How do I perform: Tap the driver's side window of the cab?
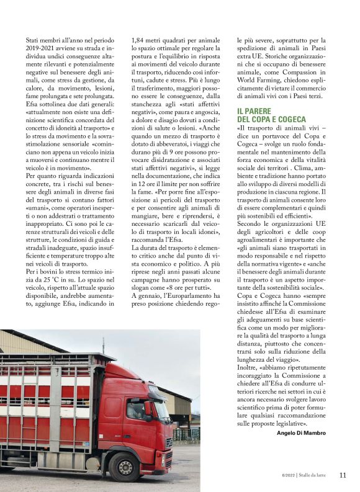(x=137, y=407)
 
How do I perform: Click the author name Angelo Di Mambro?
(x=308, y=433)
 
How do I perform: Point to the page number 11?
(x=343, y=475)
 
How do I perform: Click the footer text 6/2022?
(x=284, y=476)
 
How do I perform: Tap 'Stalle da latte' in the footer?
(x=314, y=476)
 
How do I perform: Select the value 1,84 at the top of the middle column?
(x=141, y=39)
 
